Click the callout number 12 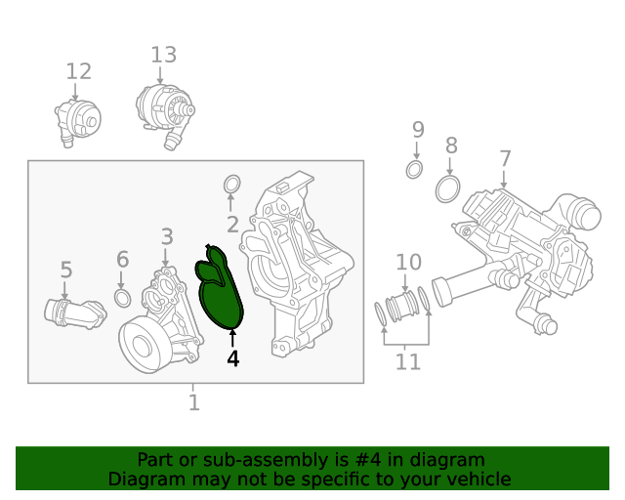[78, 71]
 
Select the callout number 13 [163, 55]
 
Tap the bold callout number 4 [232, 358]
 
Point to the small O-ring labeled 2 [232, 184]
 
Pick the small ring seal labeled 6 [123, 296]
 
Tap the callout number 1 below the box [193, 401]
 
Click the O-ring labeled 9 [415, 171]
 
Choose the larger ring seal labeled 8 [448, 187]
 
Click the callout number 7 [504, 158]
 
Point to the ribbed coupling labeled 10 [403, 307]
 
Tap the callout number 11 [408, 362]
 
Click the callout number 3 [167, 236]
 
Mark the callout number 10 [408, 262]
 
